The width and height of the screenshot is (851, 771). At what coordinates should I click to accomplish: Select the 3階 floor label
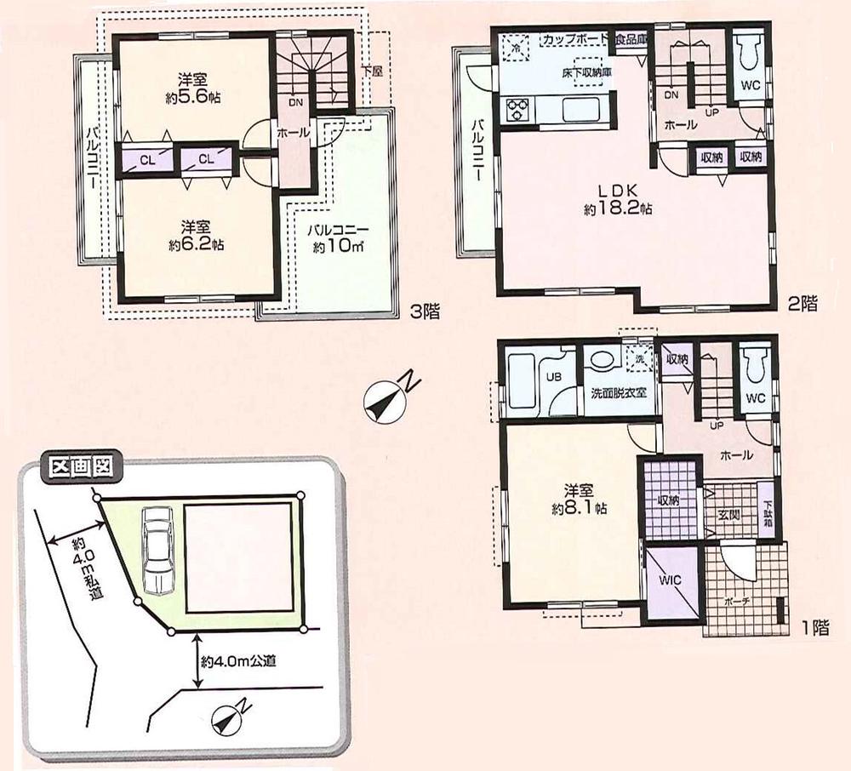tap(424, 311)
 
